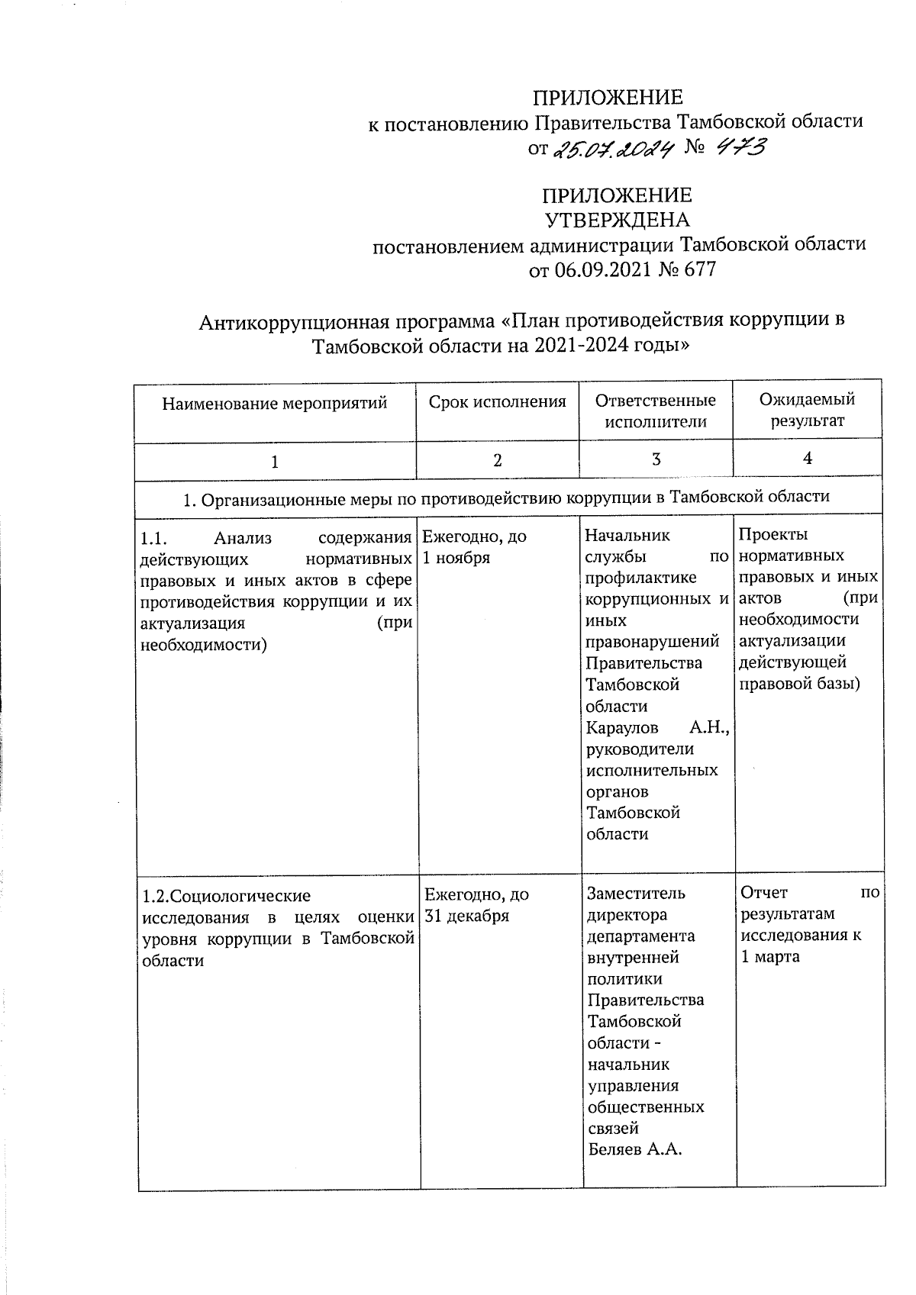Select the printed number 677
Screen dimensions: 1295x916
(x=696, y=269)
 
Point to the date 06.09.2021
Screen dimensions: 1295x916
(x=600, y=269)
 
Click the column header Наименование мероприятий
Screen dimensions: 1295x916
(x=274, y=402)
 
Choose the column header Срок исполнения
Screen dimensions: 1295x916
(x=497, y=401)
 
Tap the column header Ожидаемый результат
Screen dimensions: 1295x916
(x=807, y=410)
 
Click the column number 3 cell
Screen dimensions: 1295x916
(x=656, y=459)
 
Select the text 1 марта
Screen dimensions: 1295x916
(x=770, y=956)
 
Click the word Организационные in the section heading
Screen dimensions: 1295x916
(x=266, y=498)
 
